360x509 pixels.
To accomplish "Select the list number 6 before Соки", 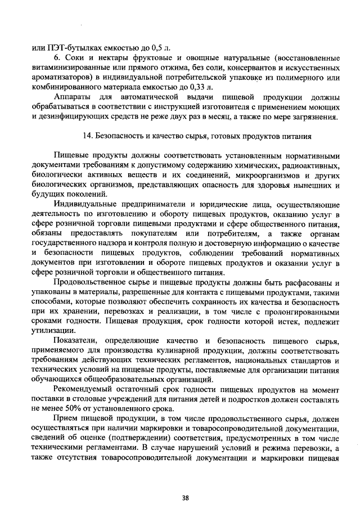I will (56, 58).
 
